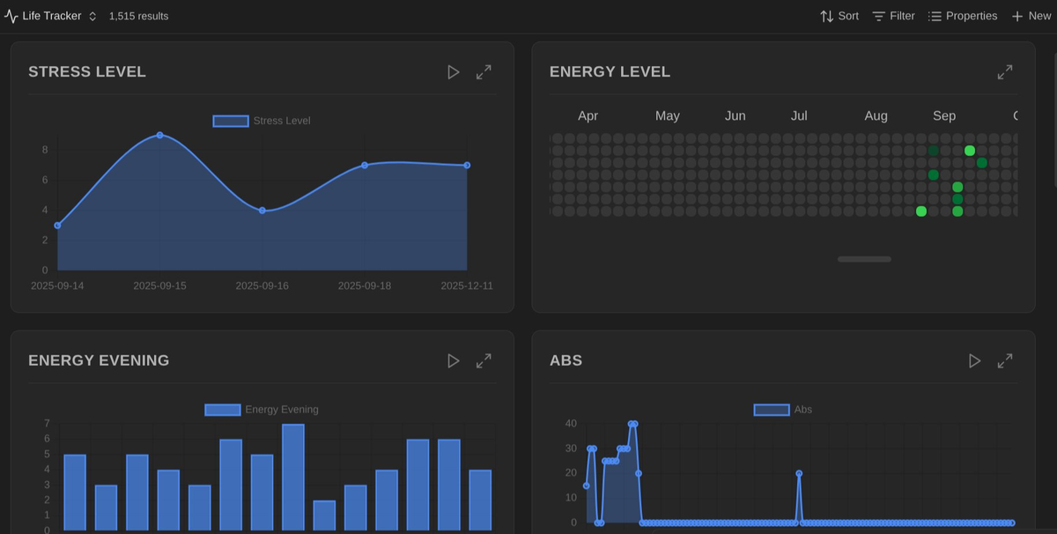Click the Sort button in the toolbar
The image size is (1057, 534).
point(839,16)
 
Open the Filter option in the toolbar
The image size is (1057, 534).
point(893,16)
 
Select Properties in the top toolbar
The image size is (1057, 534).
point(962,16)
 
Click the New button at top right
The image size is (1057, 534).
point(1031,16)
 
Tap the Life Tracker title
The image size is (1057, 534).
point(51,16)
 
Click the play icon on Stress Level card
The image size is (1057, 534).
point(454,72)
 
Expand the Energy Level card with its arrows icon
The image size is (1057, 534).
point(1005,72)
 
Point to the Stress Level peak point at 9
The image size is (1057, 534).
point(159,135)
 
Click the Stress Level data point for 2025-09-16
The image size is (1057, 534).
point(262,211)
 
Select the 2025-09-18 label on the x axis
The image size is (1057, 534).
point(365,286)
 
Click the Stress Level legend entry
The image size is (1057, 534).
point(262,121)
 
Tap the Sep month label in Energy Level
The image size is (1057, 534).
point(944,116)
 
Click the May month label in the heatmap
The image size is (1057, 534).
point(668,116)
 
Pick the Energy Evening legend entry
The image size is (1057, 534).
point(262,410)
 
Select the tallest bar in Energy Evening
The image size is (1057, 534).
point(293,476)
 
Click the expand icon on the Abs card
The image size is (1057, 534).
point(1005,360)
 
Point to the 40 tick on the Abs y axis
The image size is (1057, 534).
point(571,424)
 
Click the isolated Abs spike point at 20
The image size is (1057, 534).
point(799,473)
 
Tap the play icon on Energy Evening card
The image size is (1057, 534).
point(454,360)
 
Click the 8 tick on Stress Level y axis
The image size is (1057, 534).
point(44,150)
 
